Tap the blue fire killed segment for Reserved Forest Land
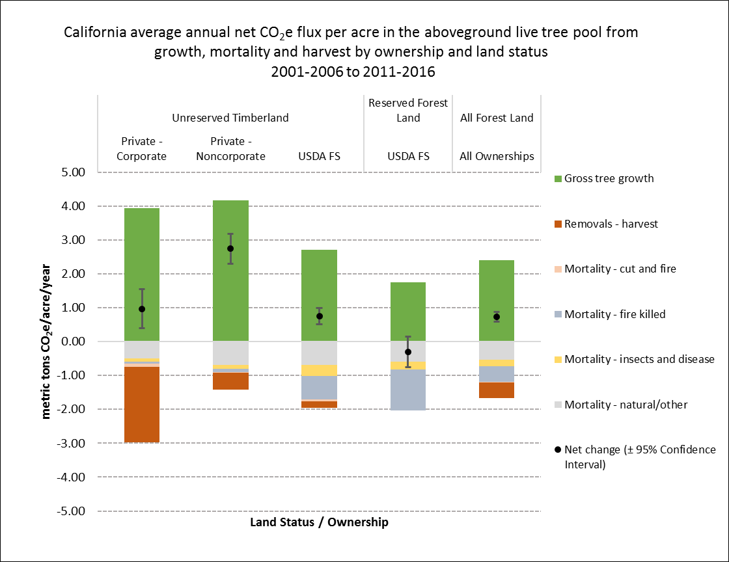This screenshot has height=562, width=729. (408, 390)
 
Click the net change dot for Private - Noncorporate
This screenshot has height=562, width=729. (230, 248)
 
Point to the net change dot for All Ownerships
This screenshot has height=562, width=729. (497, 317)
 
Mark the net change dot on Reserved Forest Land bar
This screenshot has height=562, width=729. (408, 352)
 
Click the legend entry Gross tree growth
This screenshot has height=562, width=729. (609, 178)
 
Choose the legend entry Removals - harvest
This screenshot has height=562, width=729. (611, 224)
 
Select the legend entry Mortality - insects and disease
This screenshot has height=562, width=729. (639, 359)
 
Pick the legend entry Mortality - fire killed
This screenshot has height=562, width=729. (614, 314)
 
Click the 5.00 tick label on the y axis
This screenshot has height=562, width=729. (74, 173)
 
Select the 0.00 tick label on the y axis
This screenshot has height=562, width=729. (74, 342)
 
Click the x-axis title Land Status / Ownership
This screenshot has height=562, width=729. (319, 522)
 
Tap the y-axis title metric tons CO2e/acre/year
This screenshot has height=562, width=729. (47, 342)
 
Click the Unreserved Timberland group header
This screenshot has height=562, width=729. (230, 118)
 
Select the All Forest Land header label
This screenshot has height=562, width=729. (497, 118)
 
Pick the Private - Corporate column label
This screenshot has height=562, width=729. (144, 149)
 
